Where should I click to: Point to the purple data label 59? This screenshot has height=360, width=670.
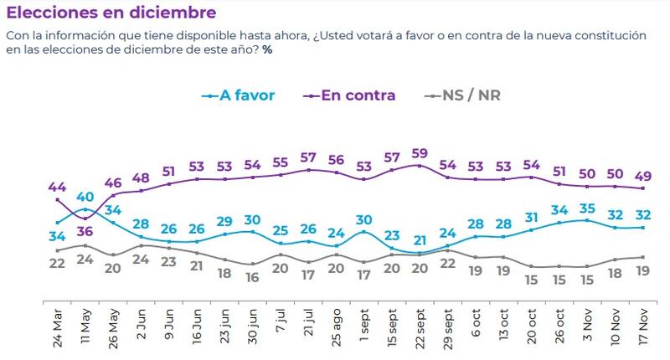(420, 153)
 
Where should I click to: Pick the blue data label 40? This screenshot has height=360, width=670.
(85, 198)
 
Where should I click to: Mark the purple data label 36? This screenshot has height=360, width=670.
(85, 231)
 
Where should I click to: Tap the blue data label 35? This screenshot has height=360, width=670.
(588, 208)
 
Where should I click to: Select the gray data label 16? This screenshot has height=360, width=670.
(253, 278)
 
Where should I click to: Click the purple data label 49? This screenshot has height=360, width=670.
(644, 175)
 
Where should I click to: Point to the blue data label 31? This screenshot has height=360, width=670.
(532, 218)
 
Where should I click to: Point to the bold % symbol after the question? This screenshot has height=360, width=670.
(267, 50)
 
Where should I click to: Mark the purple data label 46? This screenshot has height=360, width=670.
(112, 182)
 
